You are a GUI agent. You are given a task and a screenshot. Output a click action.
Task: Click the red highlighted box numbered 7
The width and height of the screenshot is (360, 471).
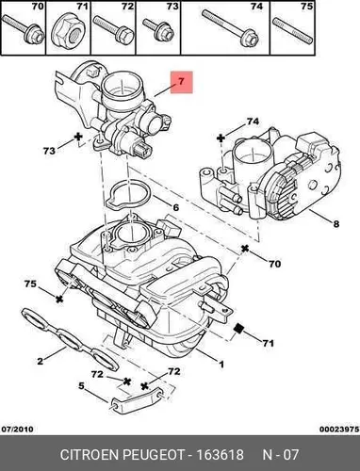[181, 82]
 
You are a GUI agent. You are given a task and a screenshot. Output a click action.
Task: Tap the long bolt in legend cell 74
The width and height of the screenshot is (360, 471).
[230, 27]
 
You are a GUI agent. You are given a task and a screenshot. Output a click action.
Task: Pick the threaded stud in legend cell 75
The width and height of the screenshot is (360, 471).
[292, 32]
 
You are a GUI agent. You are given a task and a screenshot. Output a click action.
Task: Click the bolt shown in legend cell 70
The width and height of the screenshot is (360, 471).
[24, 30]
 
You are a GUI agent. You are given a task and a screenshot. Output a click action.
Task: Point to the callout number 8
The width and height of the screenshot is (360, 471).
[335, 224]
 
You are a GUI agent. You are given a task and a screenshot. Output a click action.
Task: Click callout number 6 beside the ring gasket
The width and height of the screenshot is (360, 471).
[175, 207]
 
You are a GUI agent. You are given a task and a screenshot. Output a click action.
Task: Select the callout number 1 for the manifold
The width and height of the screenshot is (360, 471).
[221, 365]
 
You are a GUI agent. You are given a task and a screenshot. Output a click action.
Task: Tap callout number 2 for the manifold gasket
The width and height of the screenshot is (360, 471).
[40, 361]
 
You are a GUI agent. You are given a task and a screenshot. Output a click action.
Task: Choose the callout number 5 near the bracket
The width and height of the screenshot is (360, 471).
[81, 385]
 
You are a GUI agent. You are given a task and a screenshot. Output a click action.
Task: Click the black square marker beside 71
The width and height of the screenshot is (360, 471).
[239, 329]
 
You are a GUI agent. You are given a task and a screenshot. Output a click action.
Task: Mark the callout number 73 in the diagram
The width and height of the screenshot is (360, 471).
[49, 151]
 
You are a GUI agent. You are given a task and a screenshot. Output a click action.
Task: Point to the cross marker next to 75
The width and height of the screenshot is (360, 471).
[58, 299]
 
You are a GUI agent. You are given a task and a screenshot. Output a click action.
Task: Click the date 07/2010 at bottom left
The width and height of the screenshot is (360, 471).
[17, 429]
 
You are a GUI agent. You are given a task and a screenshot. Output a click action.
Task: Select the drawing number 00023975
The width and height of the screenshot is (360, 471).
[339, 429]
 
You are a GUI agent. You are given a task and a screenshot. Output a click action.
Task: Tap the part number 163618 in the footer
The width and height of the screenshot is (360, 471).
[220, 455]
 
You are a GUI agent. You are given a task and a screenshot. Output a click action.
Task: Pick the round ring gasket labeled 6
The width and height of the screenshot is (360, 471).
[128, 195]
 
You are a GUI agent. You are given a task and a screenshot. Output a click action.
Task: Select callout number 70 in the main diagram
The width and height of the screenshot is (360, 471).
[274, 264]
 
